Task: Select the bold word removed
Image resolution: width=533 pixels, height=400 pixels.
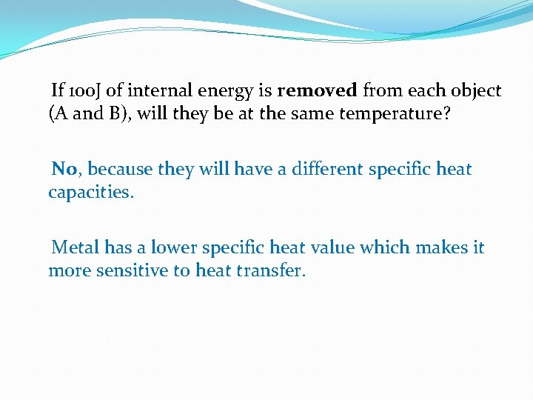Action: click(x=317, y=91)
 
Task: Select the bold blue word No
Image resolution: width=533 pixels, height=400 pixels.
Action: click(x=64, y=169)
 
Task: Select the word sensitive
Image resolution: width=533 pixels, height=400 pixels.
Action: click(x=130, y=270)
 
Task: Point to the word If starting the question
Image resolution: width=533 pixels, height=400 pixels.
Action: click(x=58, y=91)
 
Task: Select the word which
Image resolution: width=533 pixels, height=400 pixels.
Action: click(x=382, y=247)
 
